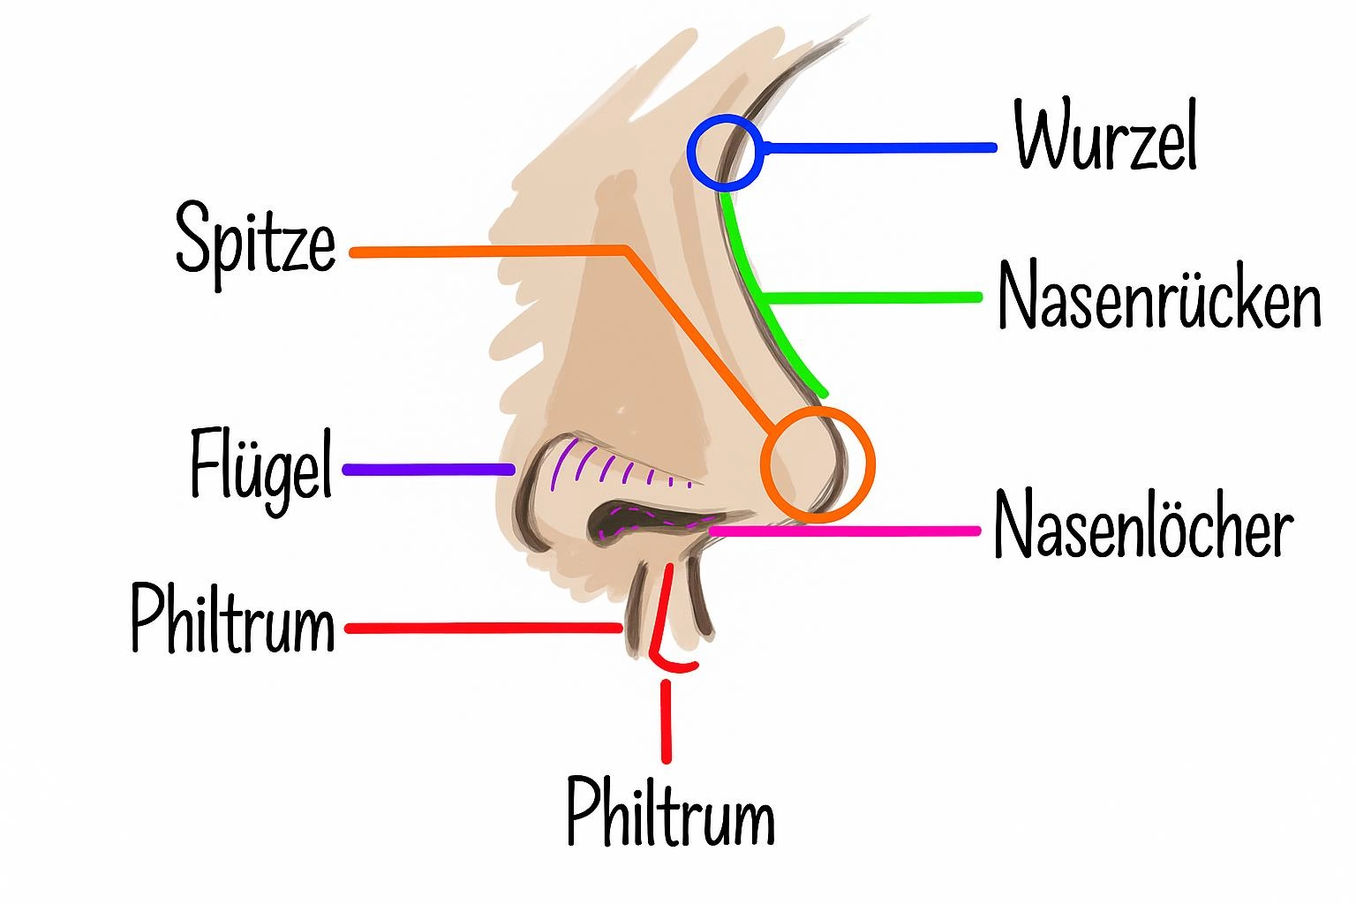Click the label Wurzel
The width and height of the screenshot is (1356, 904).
click(x=1105, y=139)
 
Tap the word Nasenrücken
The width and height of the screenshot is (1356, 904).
click(x=1158, y=295)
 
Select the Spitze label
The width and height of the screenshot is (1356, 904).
click(x=256, y=237)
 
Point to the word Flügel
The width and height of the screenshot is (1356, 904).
click(x=261, y=468)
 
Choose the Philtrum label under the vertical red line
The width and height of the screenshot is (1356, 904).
click(x=671, y=812)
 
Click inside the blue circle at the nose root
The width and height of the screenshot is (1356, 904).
click(x=724, y=155)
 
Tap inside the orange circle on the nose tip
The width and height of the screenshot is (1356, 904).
click(x=817, y=464)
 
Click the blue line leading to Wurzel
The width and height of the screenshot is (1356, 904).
click(x=883, y=148)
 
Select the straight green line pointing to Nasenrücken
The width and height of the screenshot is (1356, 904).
click(x=874, y=297)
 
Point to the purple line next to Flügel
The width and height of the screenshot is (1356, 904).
click(x=429, y=470)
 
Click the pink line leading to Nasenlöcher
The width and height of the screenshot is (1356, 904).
click(x=847, y=531)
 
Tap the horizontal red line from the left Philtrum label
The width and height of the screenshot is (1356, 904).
click(x=486, y=629)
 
